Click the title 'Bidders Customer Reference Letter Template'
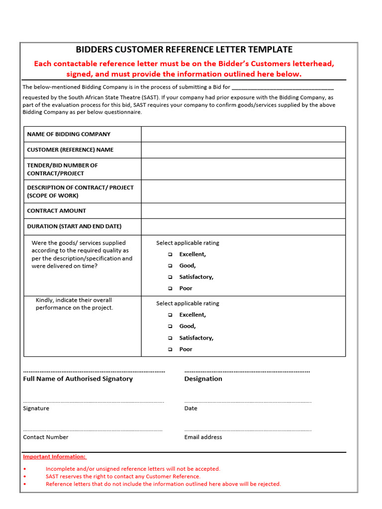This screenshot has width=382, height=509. (x=184, y=49)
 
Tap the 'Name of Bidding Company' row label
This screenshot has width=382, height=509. (x=69, y=134)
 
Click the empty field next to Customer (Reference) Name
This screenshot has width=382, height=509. (x=243, y=150)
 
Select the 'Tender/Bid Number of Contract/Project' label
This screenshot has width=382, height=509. (x=62, y=169)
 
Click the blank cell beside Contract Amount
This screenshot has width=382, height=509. (x=243, y=211)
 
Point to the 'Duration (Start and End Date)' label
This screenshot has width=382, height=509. (x=74, y=226)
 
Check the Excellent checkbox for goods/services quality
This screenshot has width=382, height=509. (x=170, y=254)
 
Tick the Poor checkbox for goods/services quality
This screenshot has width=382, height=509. (x=170, y=288)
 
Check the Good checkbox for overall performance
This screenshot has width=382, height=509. (x=170, y=327)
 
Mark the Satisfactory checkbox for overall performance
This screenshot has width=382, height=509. (x=170, y=338)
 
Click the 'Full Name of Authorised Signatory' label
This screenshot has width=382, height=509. (x=78, y=379)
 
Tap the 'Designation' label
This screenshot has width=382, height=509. (x=203, y=379)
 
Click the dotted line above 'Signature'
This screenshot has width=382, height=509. (x=93, y=401)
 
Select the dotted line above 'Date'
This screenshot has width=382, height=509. (x=248, y=401)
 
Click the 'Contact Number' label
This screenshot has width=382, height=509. (x=46, y=437)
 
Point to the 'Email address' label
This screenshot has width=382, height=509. (x=203, y=437)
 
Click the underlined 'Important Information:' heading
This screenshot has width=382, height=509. (x=54, y=456)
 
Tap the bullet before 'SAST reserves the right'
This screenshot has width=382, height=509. (x=25, y=477)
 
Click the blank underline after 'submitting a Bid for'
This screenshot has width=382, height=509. (x=283, y=88)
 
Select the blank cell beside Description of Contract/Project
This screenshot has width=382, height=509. (x=243, y=191)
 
